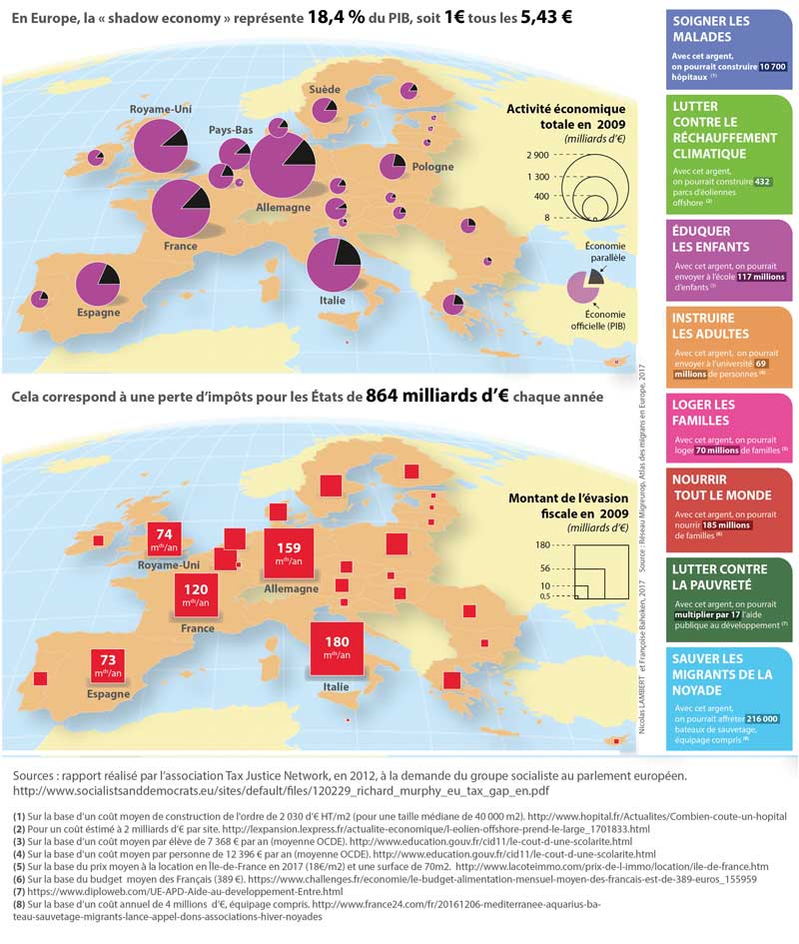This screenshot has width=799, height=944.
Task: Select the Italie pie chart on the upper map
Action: (334, 267)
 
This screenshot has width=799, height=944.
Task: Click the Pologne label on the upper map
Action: (432, 167)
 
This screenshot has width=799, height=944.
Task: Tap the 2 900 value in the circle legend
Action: (537, 155)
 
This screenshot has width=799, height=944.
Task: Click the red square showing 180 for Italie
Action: (336, 646)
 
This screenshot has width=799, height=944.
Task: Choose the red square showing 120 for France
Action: (195, 596)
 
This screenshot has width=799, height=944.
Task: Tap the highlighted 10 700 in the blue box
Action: (773, 66)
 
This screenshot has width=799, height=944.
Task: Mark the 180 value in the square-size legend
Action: (542, 544)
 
